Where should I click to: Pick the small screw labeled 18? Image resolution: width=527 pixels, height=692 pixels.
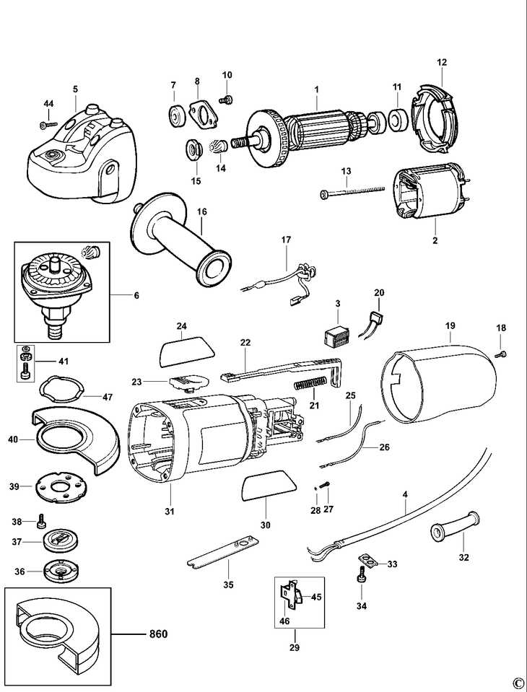click(503, 354)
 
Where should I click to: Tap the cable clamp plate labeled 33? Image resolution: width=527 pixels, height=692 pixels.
click(368, 559)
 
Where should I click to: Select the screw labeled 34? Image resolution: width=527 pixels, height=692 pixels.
click(359, 575)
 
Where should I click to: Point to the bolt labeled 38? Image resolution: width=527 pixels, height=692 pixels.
click(41, 518)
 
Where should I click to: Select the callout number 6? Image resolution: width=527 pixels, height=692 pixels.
click(136, 295)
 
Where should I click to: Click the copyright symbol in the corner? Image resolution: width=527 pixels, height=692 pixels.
click(517, 682)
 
